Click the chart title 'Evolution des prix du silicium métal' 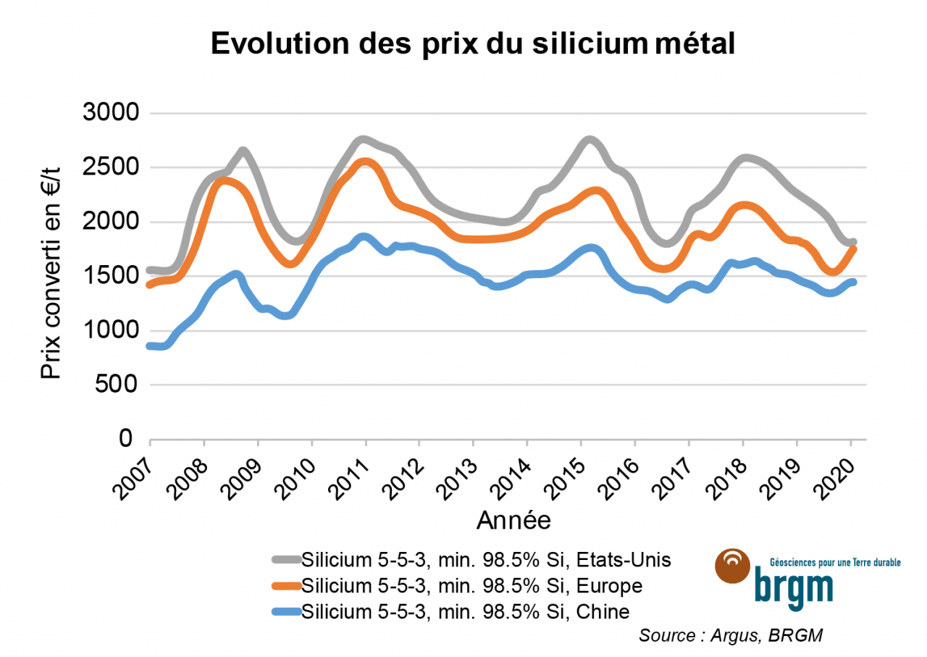[x=472, y=45]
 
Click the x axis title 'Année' [x=513, y=519]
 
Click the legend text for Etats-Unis [x=487, y=559]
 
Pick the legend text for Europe [x=472, y=585]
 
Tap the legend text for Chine [x=465, y=611]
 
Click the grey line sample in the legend [x=286, y=559]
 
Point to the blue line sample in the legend [x=286, y=611]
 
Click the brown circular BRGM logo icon [x=733, y=566]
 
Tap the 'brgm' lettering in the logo [x=794, y=585]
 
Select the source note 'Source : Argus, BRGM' [x=731, y=635]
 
